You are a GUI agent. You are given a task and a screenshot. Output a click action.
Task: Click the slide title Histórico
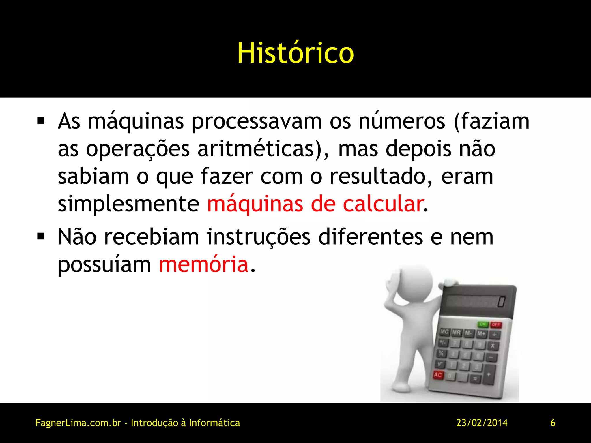pyautogui.click(x=295, y=53)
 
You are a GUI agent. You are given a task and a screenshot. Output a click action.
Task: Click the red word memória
pyautogui.click(x=204, y=264)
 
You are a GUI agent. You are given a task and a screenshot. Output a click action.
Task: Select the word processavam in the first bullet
pyautogui.click(x=257, y=121)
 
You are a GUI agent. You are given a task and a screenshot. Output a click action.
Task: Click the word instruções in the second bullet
pyautogui.click(x=259, y=237)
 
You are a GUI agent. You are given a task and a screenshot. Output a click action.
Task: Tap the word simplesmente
pyautogui.click(x=128, y=204)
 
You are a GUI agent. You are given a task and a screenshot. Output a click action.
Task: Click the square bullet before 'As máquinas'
pyautogui.click(x=41, y=121)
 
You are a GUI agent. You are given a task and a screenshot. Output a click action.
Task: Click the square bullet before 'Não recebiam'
pyautogui.click(x=41, y=236)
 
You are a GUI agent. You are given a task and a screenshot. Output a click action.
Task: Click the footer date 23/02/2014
pyautogui.click(x=482, y=423)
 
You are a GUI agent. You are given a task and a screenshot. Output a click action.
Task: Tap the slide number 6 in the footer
pyautogui.click(x=553, y=423)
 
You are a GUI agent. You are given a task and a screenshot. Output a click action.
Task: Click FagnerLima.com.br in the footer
pyautogui.click(x=78, y=423)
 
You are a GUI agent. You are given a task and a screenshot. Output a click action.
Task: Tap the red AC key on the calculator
pyautogui.click(x=438, y=375)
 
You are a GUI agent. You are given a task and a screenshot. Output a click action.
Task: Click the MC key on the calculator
pyautogui.click(x=444, y=332)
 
